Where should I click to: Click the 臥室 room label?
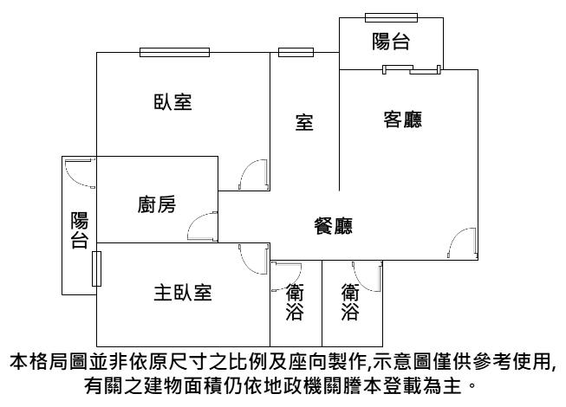pos(172,102)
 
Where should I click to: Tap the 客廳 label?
pos(402,120)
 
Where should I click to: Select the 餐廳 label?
pos(333,227)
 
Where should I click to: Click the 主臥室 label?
pos(182,293)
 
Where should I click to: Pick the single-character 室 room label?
pos(304,124)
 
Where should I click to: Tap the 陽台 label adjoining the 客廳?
pos(391,41)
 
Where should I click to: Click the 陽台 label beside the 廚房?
pos(79,230)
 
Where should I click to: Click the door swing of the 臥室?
pos(253,176)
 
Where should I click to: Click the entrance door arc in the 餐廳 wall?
pos(464,244)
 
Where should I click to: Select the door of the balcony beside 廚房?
pos(81,171)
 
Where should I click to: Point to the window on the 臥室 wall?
pos(174,52)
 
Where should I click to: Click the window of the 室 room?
pos(296,52)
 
